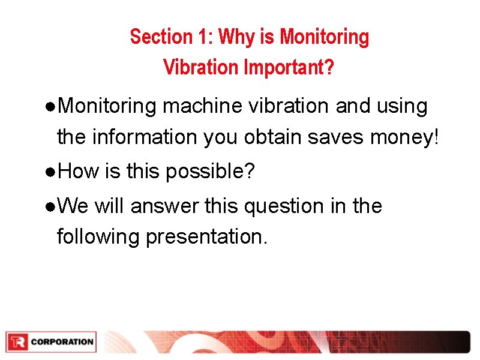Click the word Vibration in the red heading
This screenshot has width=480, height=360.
pos(200,67)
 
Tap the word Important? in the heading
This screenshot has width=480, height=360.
pos(289,67)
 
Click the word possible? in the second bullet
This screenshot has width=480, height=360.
pos(211,172)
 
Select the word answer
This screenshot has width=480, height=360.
pos(164,206)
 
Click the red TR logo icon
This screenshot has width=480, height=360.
pos(17,342)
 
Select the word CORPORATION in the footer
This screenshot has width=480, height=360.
pos(62,342)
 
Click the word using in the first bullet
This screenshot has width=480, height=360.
pos(402,107)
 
